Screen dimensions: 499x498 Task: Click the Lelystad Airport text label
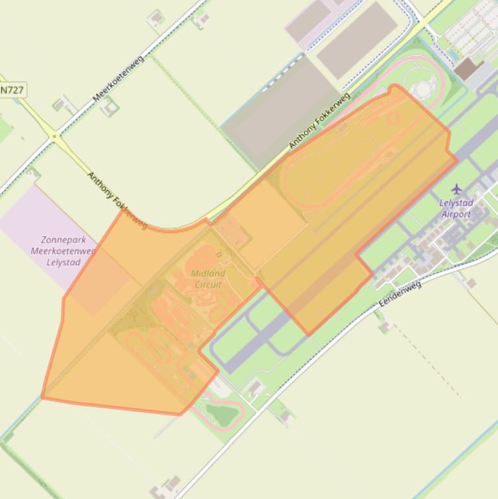[x=457, y=208]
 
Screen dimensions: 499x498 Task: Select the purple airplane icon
[x=457, y=189]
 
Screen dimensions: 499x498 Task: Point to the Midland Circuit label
[x=208, y=279]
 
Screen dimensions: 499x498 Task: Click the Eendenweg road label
[x=400, y=293]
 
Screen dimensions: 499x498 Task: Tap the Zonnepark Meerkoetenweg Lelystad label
[x=54, y=251]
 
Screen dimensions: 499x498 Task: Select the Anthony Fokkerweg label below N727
[x=117, y=200]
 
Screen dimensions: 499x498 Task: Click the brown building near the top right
[x=465, y=68]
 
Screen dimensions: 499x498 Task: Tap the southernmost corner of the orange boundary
[x=181, y=414]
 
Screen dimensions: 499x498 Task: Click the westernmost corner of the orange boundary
[x=42, y=397]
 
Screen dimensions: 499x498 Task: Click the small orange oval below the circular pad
[x=392, y=117]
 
